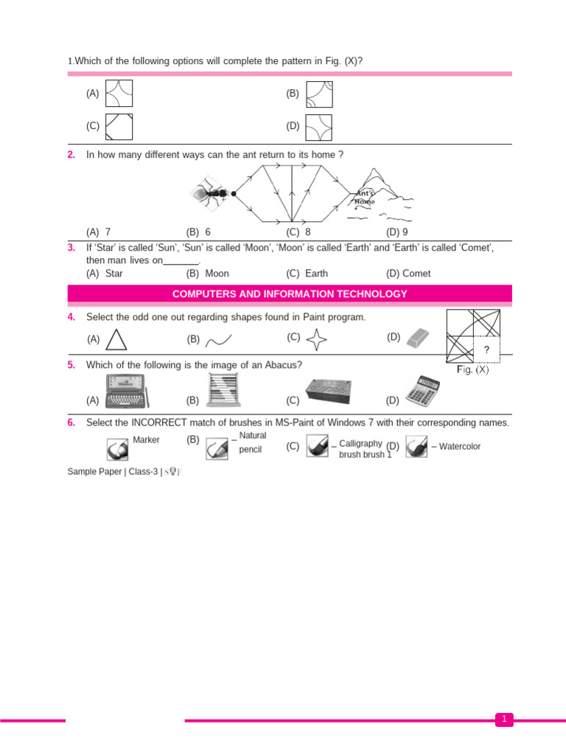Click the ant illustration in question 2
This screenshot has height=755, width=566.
(x=212, y=193)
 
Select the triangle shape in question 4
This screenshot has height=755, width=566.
(x=116, y=339)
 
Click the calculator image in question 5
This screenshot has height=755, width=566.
(x=422, y=392)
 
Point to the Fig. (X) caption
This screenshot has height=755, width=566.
(x=472, y=370)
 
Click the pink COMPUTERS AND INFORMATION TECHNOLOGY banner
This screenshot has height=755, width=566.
(x=290, y=294)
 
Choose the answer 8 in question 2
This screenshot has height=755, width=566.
(x=308, y=232)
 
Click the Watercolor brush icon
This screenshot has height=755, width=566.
(x=416, y=447)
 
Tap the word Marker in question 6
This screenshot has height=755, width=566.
(x=146, y=440)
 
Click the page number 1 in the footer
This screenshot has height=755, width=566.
(x=504, y=719)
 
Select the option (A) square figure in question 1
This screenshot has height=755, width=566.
(x=119, y=94)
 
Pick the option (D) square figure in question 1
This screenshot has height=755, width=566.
(x=318, y=127)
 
